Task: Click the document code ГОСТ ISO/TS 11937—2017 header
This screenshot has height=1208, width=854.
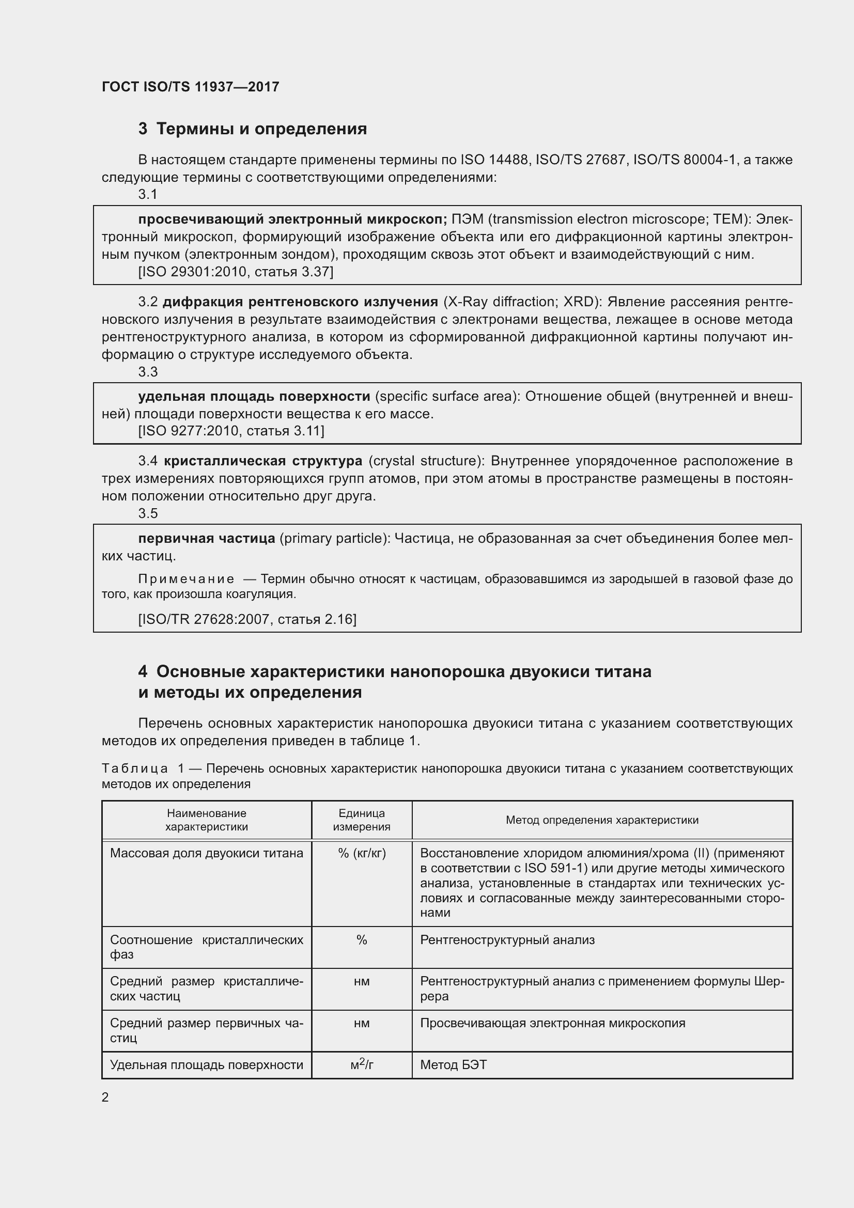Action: [x=190, y=87]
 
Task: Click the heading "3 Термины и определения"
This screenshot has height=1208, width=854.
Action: [x=253, y=129]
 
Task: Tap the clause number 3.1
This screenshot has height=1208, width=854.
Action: [x=148, y=195]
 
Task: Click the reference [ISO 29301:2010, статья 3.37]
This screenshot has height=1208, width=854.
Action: [x=236, y=272]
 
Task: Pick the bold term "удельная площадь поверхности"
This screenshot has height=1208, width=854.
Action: [x=254, y=396]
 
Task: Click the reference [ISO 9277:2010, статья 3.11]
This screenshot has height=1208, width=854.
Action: [x=231, y=431]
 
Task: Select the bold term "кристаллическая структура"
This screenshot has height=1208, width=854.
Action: [x=262, y=461]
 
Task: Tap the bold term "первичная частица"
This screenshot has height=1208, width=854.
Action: [x=206, y=538]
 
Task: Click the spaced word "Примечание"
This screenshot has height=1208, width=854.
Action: [x=187, y=579]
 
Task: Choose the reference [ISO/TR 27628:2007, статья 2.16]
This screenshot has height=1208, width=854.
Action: [x=247, y=619]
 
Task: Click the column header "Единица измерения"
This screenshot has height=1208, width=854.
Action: [x=362, y=820]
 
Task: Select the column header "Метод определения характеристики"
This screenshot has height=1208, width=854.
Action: [x=602, y=820]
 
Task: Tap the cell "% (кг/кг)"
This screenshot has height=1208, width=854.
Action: [x=362, y=853]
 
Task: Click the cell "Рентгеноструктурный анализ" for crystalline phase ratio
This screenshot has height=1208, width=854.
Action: [x=507, y=940]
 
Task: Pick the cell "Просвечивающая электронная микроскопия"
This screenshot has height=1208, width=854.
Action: [x=552, y=1023]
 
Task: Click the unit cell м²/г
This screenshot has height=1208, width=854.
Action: [x=362, y=1065]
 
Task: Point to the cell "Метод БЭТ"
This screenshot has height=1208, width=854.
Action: [x=454, y=1065]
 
